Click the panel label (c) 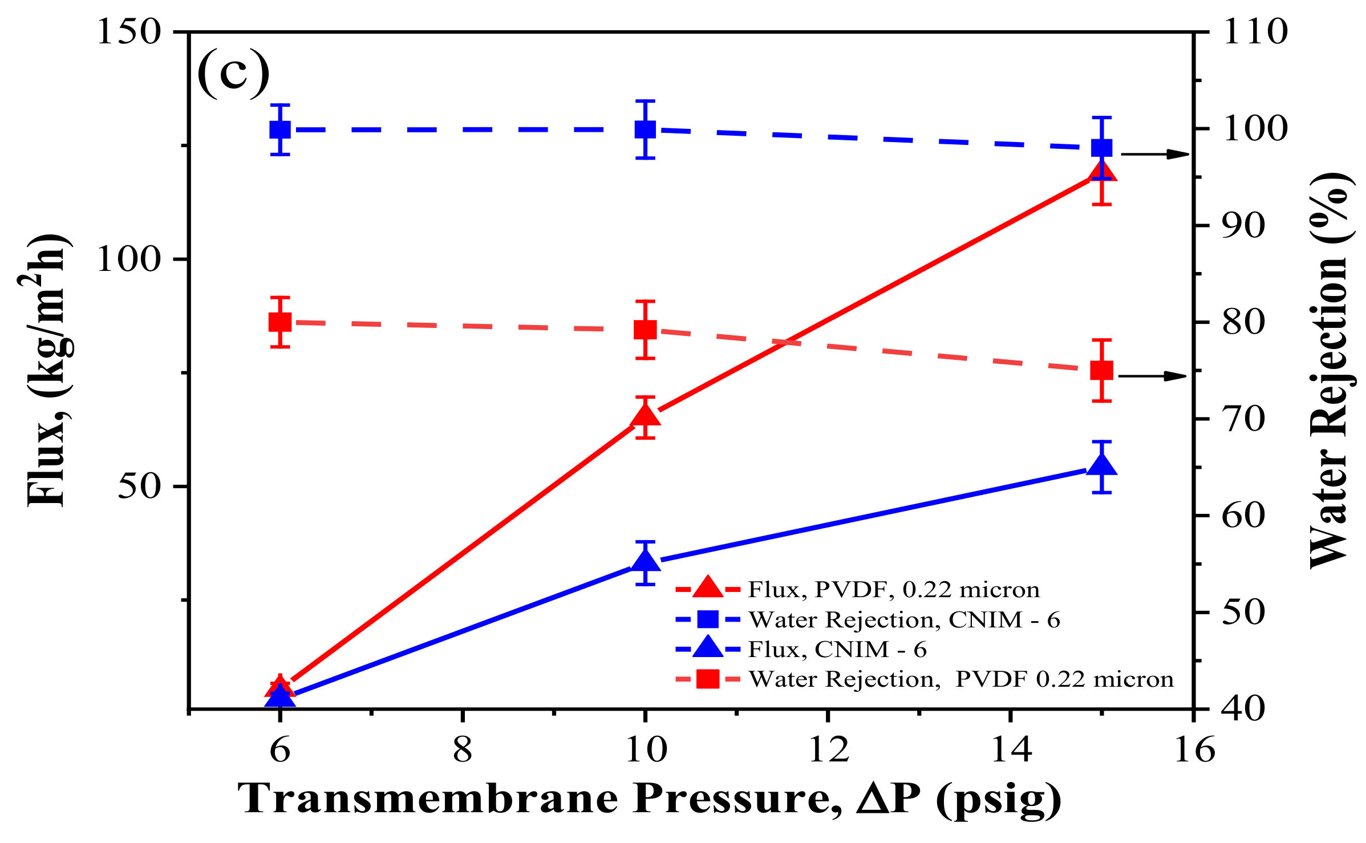(233, 73)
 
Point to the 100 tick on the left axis (129, 260)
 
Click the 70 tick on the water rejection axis (1243, 419)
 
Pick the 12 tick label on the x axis (828, 749)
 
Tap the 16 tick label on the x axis (1193, 749)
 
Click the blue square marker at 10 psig (645, 129)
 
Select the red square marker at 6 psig (280, 322)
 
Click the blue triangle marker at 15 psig (1101, 465)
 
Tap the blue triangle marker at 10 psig (645, 561)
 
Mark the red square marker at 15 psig (1101, 371)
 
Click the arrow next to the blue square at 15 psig (1155, 154)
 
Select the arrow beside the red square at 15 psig (1152, 376)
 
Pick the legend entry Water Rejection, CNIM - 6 (903, 620)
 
